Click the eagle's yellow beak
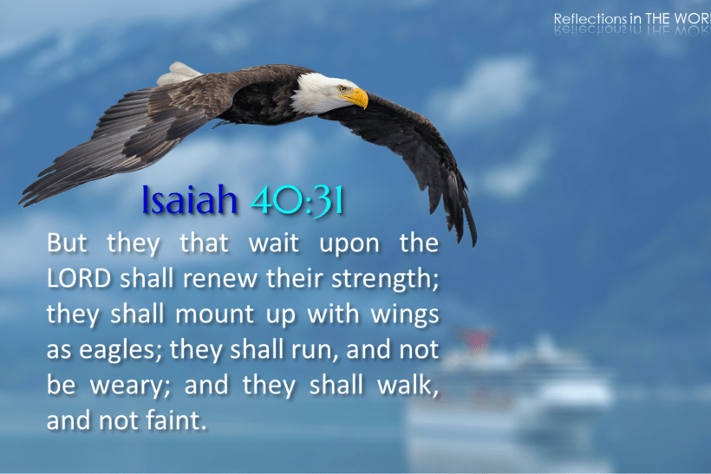356,98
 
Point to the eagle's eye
342,88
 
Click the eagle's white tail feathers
179,74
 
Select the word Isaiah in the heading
189,202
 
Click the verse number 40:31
297,202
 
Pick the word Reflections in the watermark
592,18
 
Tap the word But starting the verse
68,243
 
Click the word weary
126,386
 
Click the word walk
405,386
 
